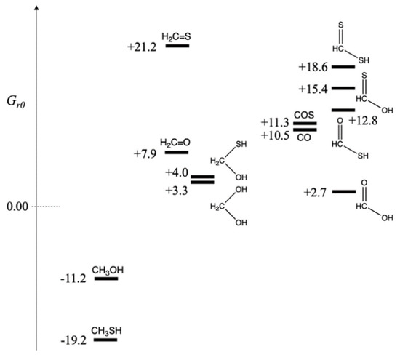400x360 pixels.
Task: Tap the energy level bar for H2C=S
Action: click(177, 46)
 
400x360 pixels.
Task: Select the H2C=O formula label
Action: click(176, 143)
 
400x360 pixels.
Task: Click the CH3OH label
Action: click(107, 271)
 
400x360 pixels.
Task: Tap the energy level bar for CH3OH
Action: click(105, 279)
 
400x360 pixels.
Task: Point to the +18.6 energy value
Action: click(313, 67)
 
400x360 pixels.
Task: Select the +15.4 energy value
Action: click(313, 89)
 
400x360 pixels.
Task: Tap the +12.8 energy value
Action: click(362, 120)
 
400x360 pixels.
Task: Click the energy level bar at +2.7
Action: click(343, 192)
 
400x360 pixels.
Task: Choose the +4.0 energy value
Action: click(177, 172)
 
